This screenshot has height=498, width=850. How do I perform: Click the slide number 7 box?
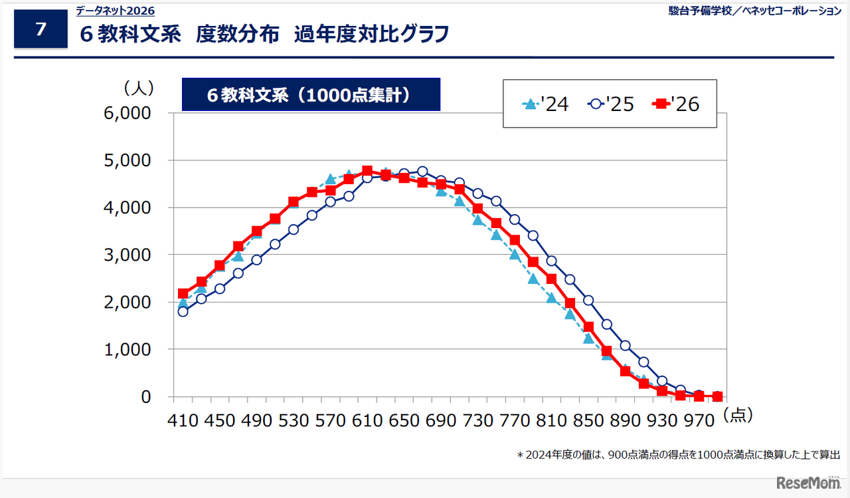(x=41, y=29)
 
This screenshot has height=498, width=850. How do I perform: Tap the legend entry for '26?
(x=676, y=104)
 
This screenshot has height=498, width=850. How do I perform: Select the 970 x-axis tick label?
(x=699, y=421)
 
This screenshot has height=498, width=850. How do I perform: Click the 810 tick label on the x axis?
(x=551, y=421)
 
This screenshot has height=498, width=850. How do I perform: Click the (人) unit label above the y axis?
(x=138, y=87)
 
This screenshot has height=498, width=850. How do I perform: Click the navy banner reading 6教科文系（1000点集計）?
(x=311, y=94)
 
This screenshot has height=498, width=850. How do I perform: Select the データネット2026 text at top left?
(x=115, y=11)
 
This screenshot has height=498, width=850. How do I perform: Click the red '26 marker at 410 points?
(x=183, y=293)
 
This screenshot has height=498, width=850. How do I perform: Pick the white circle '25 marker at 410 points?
(x=183, y=311)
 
